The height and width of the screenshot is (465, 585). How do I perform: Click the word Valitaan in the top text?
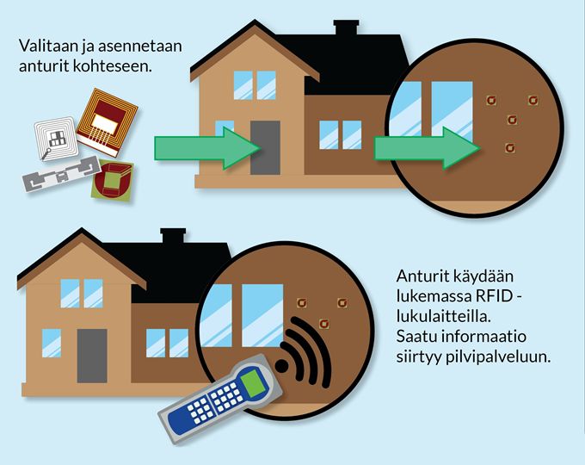[x=44, y=45]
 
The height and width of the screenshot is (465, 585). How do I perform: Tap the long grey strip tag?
[x=58, y=178]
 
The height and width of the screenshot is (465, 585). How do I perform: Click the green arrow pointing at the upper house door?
[x=206, y=147]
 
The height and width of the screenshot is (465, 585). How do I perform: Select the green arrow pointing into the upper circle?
[x=427, y=149]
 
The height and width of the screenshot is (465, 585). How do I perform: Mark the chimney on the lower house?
[x=173, y=237]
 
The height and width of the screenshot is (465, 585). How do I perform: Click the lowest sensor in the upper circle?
[x=510, y=148]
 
